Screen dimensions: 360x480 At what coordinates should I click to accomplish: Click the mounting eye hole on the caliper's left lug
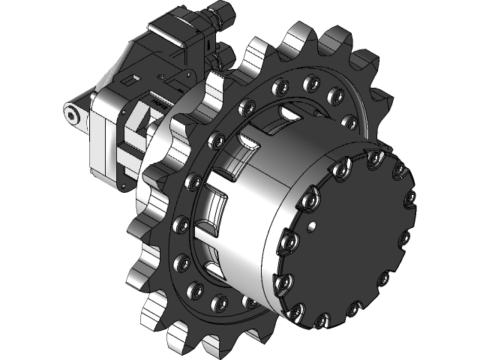(x=73, y=112)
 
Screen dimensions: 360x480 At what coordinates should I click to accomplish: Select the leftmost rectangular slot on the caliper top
(x=136, y=77)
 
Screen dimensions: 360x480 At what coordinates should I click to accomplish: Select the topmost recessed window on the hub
(x=288, y=113)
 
